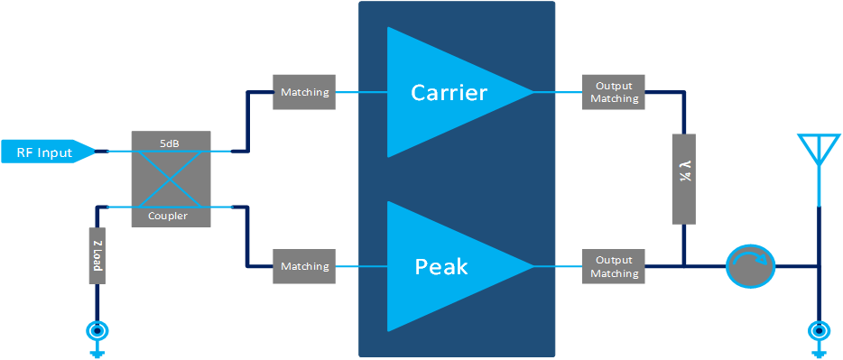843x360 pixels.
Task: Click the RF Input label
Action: [x=44, y=152]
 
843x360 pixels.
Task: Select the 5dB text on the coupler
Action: [x=171, y=143]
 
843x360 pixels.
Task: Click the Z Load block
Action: [x=97, y=255]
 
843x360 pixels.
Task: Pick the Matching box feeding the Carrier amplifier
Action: [x=305, y=92]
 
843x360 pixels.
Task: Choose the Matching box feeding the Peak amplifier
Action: [x=305, y=266]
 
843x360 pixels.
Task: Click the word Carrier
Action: [x=449, y=92]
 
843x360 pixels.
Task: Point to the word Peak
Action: [x=440, y=266]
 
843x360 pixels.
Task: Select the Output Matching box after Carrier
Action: [x=614, y=92]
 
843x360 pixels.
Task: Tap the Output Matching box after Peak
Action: [x=614, y=266]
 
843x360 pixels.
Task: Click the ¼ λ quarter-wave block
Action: [x=684, y=179]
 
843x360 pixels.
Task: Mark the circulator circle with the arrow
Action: [x=751, y=265]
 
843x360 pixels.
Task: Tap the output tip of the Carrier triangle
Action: [x=533, y=92]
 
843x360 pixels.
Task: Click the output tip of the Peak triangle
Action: [x=533, y=266]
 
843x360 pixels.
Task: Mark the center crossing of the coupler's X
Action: [x=171, y=179]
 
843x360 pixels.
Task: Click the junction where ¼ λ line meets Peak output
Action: [x=684, y=265]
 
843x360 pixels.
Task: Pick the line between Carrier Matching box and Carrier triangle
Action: [x=362, y=92]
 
